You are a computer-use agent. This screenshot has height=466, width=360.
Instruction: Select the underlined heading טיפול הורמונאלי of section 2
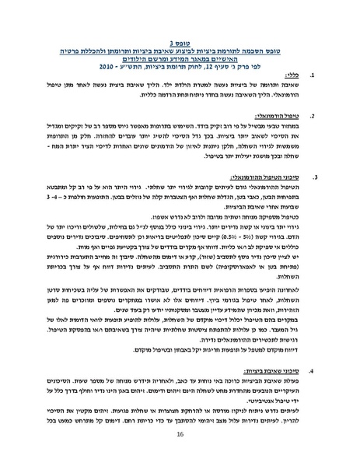point(280,118)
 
